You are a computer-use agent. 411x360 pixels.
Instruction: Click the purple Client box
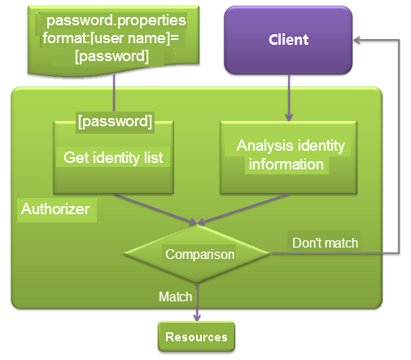pos(288,40)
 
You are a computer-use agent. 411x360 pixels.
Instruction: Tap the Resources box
pos(196,336)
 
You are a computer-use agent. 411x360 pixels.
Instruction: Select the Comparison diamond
pos(197,254)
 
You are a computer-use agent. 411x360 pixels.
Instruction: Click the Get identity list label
pos(113,157)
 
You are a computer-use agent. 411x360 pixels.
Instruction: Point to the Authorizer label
pos(55,209)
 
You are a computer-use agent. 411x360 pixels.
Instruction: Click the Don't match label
pos(325,243)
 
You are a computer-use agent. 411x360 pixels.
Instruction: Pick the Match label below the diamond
pos(175,296)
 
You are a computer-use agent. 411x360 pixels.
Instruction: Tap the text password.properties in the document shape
pos(116,20)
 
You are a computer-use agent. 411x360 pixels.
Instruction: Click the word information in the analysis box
pos(286,165)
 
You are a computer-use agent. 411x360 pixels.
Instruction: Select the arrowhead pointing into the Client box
pos(356,40)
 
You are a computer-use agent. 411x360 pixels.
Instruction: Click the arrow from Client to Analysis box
pos(289,98)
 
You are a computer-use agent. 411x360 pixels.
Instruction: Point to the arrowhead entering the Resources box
pos(197,318)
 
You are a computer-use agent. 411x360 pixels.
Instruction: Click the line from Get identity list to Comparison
pos(155,209)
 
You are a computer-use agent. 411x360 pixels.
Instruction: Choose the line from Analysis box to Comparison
pos(243,209)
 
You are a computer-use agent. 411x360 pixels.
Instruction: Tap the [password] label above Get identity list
pos(115,121)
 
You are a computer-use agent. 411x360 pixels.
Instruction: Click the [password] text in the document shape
pos(111,56)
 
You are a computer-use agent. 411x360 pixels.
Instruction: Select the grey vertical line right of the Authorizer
pos(399,147)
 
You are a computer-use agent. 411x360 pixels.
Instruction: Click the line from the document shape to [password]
pos(114,93)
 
